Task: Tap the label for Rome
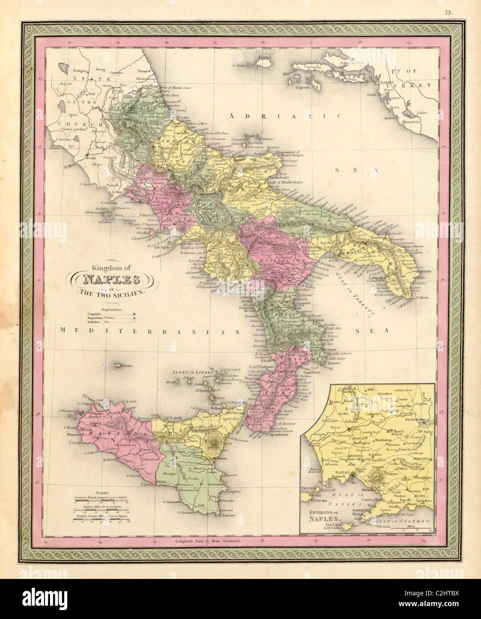click(91, 158)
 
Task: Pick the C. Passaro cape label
click(227, 515)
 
